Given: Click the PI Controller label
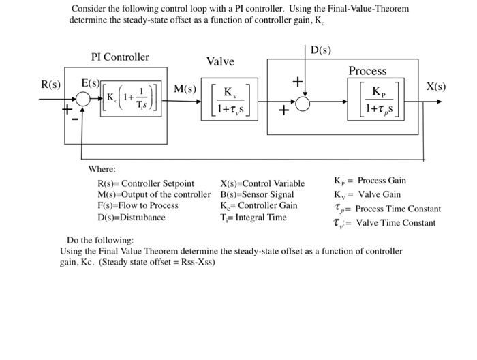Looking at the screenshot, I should click(120, 57).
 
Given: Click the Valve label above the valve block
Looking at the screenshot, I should click(220, 62).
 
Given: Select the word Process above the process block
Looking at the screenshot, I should click(367, 71).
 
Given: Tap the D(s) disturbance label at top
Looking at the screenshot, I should click(321, 50).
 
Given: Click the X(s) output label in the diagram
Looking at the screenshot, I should click(436, 87).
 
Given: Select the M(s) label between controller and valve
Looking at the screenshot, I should click(185, 89).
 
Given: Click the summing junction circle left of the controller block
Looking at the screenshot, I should click(84, 100).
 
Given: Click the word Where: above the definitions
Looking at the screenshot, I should click(102, 169).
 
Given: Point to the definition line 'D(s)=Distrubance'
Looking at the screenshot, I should click(132, 217).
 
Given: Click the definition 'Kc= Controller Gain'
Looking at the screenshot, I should click(258, 205).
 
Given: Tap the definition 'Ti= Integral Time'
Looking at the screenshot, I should click(253, 217).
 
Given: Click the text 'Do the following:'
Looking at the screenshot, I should click(100, 240).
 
